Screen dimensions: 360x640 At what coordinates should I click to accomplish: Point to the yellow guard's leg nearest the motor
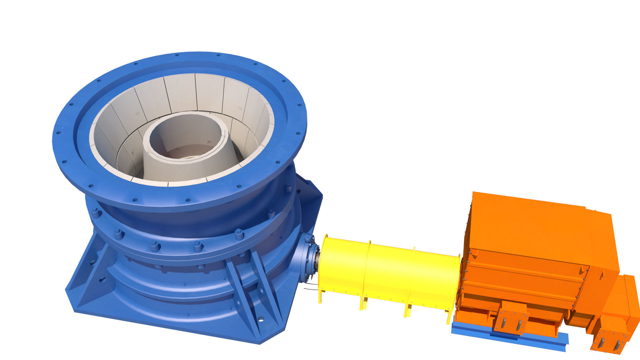[449, 317]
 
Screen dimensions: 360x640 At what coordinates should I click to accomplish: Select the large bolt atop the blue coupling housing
[307, 238]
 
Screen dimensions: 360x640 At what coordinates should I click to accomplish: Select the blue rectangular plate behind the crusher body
[310, 203]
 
